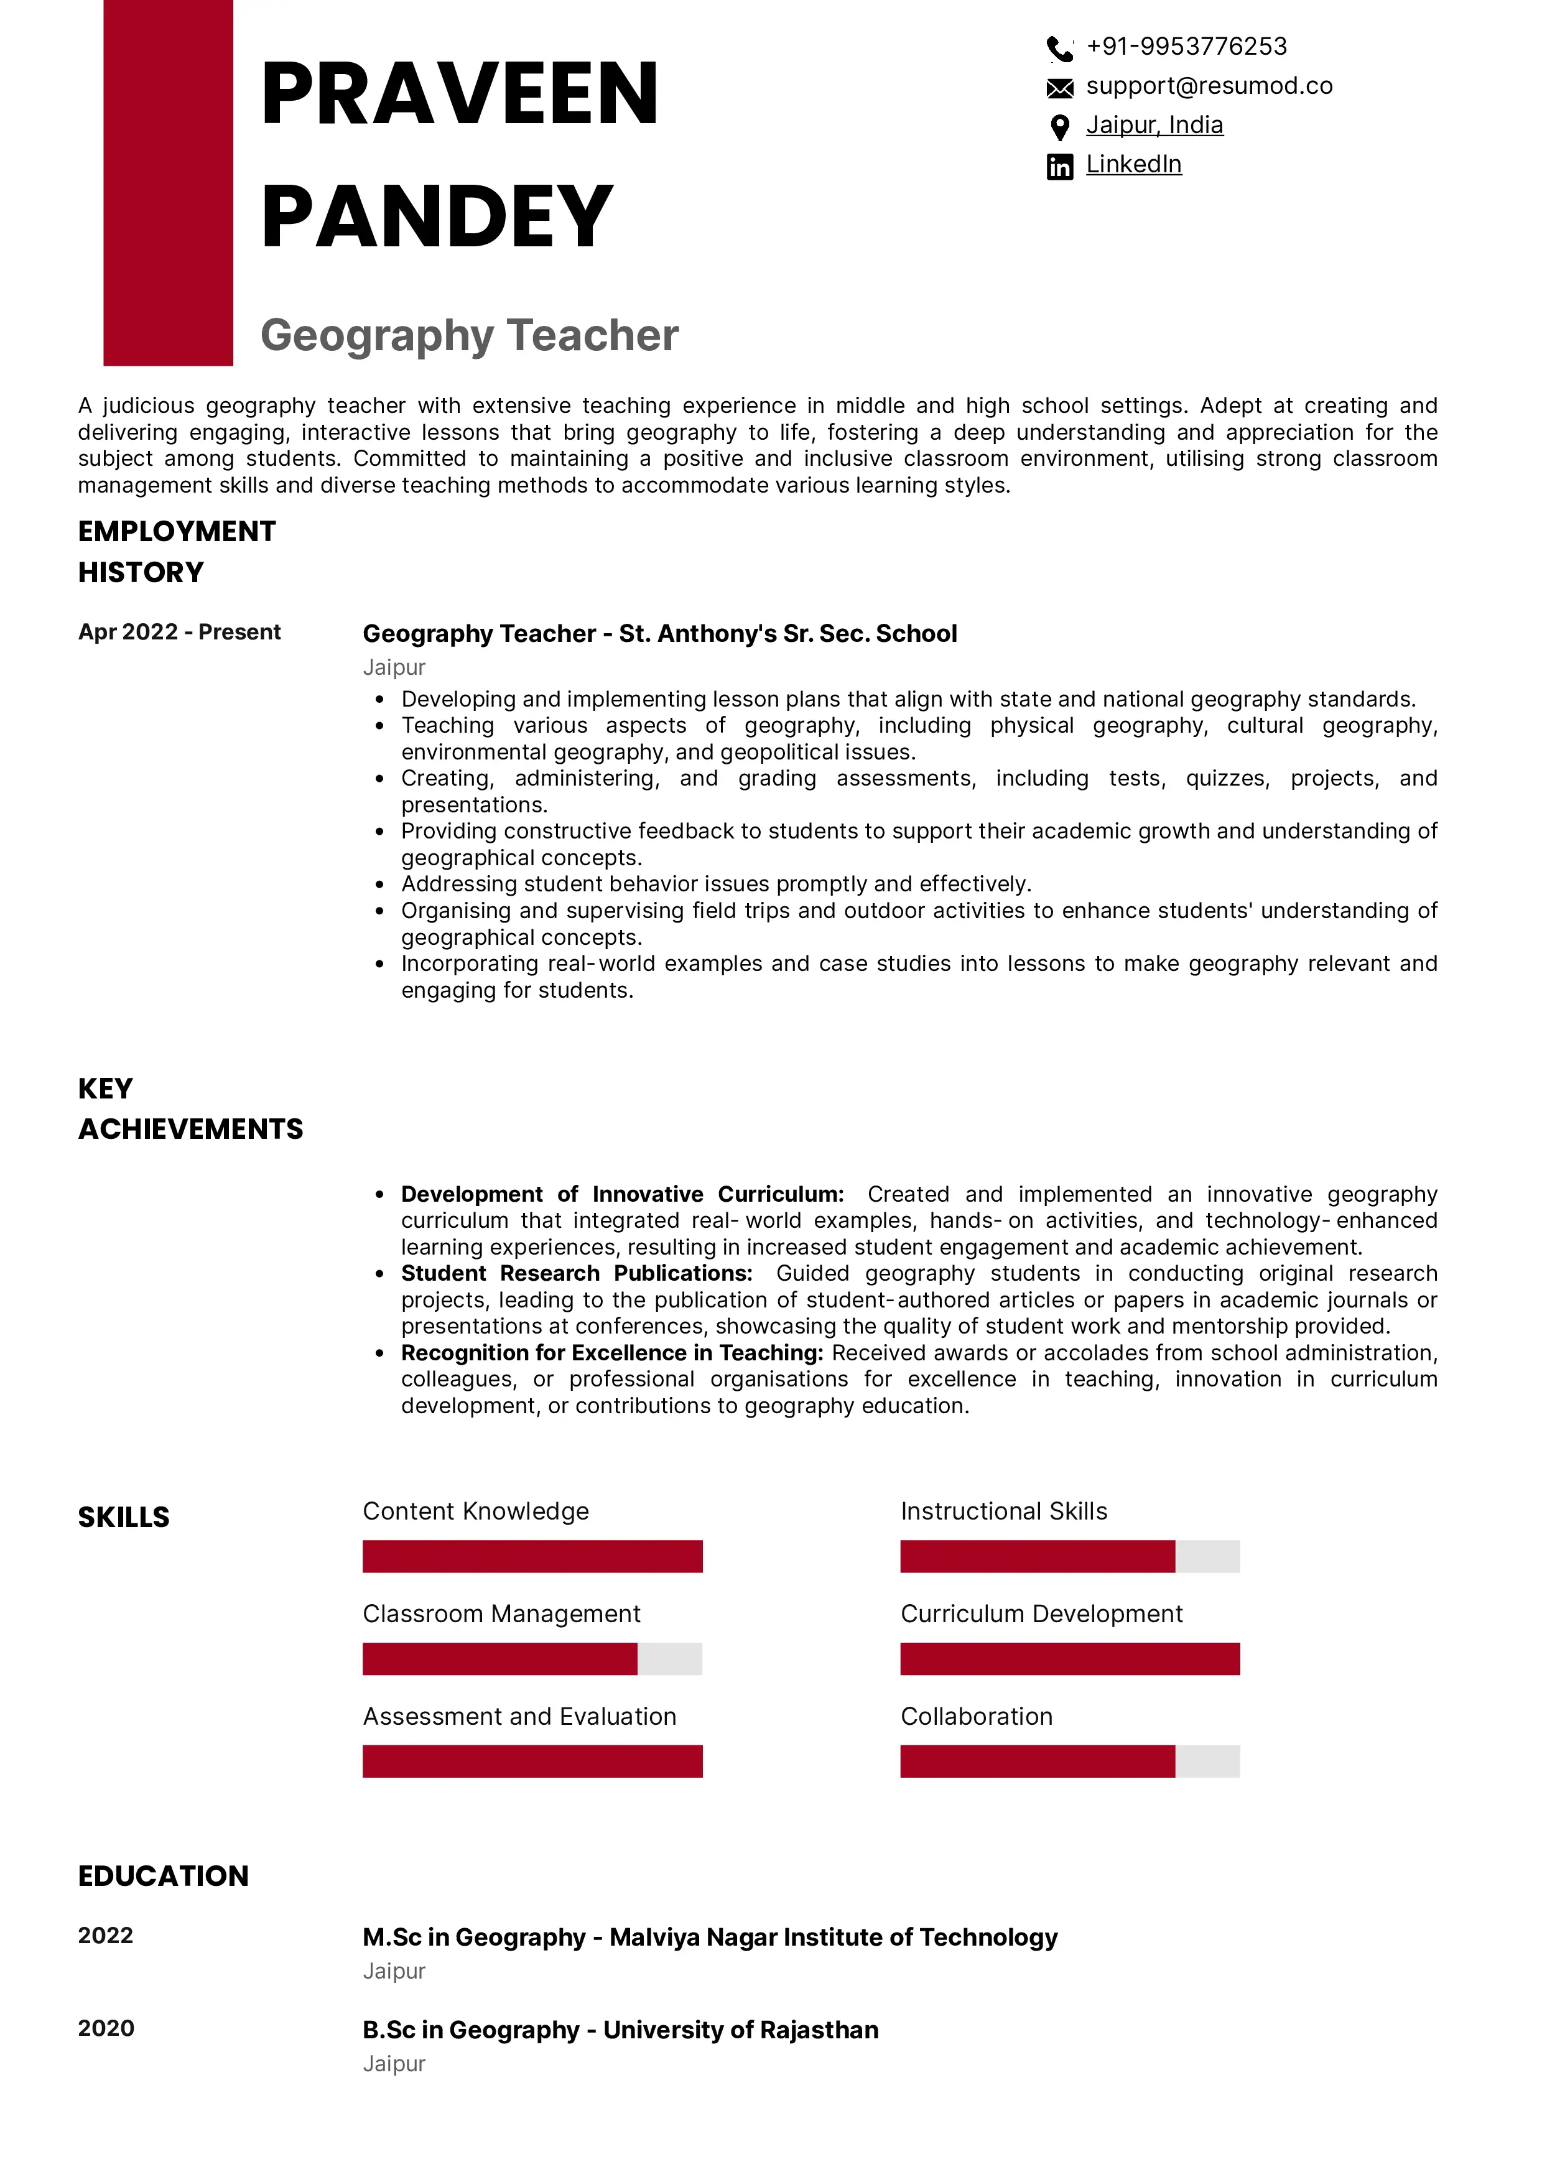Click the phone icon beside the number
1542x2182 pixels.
click(1059, 47)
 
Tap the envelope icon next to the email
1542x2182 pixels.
click(1059, 88)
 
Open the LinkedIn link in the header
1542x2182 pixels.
click(1133, 164)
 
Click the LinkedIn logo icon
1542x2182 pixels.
click(1059, 166)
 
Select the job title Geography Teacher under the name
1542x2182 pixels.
click(470, 335)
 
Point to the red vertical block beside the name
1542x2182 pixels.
click(168, 182)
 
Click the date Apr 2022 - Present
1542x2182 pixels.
click(179, 632)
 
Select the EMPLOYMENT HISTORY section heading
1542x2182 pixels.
click(177, 551)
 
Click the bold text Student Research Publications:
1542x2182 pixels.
click(576, 1273)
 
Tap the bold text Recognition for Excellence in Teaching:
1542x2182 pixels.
click(612, 1352)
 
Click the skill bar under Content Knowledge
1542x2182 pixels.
click(532, 1557)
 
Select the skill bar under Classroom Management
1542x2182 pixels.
click(532, 1660)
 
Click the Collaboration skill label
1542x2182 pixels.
click(976, 1716)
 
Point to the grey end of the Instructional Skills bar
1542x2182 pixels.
click(1207, 1557)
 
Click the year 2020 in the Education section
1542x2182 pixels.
click(106, 2028)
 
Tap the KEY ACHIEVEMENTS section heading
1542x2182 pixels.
click(190, 1108)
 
